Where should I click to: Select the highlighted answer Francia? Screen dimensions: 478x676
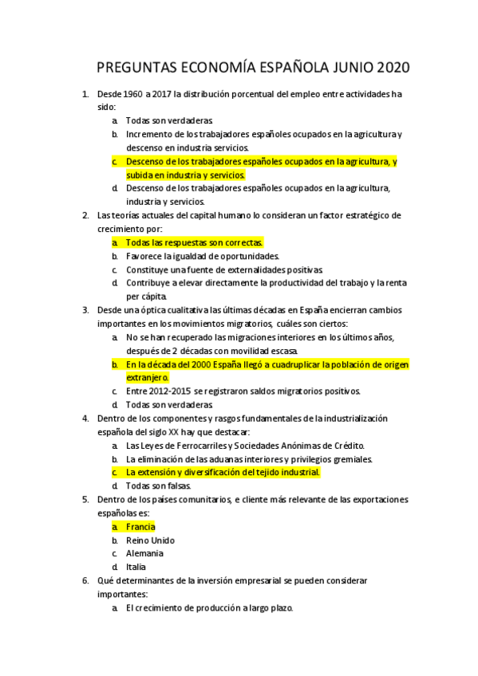140,526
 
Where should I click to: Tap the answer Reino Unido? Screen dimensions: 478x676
150,540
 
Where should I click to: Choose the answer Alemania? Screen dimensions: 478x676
144,553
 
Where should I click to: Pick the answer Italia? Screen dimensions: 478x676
136,567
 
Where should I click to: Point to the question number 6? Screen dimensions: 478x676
85,580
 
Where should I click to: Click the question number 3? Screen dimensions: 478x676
85,310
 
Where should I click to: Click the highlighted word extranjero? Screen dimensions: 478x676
147,377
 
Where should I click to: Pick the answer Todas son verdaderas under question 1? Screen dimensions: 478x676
168,120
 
